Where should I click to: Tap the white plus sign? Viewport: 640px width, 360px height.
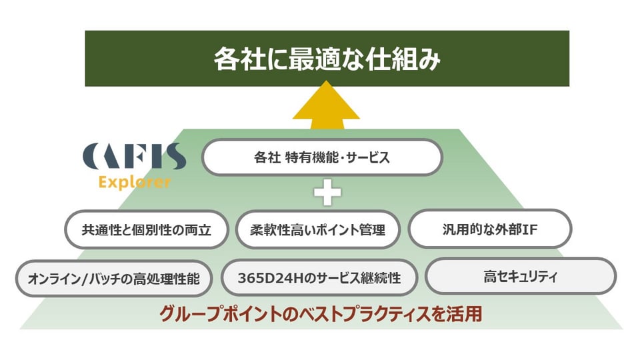tap(327, 192)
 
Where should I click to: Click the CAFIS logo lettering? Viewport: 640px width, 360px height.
tap(134, 156)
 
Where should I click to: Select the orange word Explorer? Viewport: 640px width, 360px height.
tap(134, 182)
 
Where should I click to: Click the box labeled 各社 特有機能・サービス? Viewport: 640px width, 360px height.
tap(322, 157)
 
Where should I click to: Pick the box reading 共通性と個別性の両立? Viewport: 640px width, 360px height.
tap(146, 230)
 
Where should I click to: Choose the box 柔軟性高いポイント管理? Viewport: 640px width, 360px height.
tap(317, 230)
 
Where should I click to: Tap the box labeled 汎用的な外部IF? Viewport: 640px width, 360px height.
tap(490, 229)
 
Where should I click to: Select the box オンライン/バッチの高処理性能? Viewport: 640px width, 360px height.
tap(114, 279)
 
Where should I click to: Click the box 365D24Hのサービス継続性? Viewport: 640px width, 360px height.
tap(319, 277)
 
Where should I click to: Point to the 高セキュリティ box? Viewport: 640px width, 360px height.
tap(521, 276)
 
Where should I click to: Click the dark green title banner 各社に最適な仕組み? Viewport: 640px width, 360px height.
tap(327, 59)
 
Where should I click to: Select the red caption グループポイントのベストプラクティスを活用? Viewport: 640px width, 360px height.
tap(321, 314)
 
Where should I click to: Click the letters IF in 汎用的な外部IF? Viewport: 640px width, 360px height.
tap(530, 229)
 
